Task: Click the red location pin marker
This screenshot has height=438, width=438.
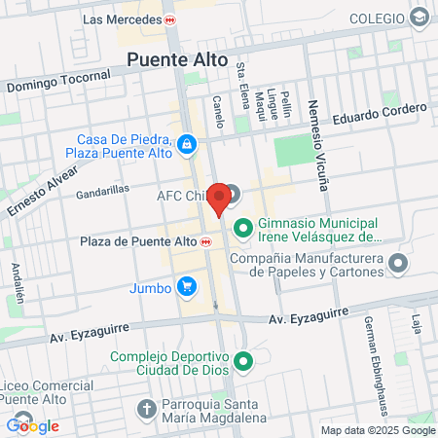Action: tap(220, 199)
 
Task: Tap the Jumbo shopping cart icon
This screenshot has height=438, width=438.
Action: tap(186, 286)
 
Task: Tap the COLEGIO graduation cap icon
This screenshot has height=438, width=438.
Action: tap(419, 18)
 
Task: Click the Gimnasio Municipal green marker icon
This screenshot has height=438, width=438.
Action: tap(241, 229)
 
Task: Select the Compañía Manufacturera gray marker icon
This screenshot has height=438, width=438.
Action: tap(397, 263)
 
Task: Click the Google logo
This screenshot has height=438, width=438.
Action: tap(33, 425)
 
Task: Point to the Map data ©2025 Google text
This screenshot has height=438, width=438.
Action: tap(379, 430)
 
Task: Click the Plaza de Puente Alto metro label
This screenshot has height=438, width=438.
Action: tap(142, 241)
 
